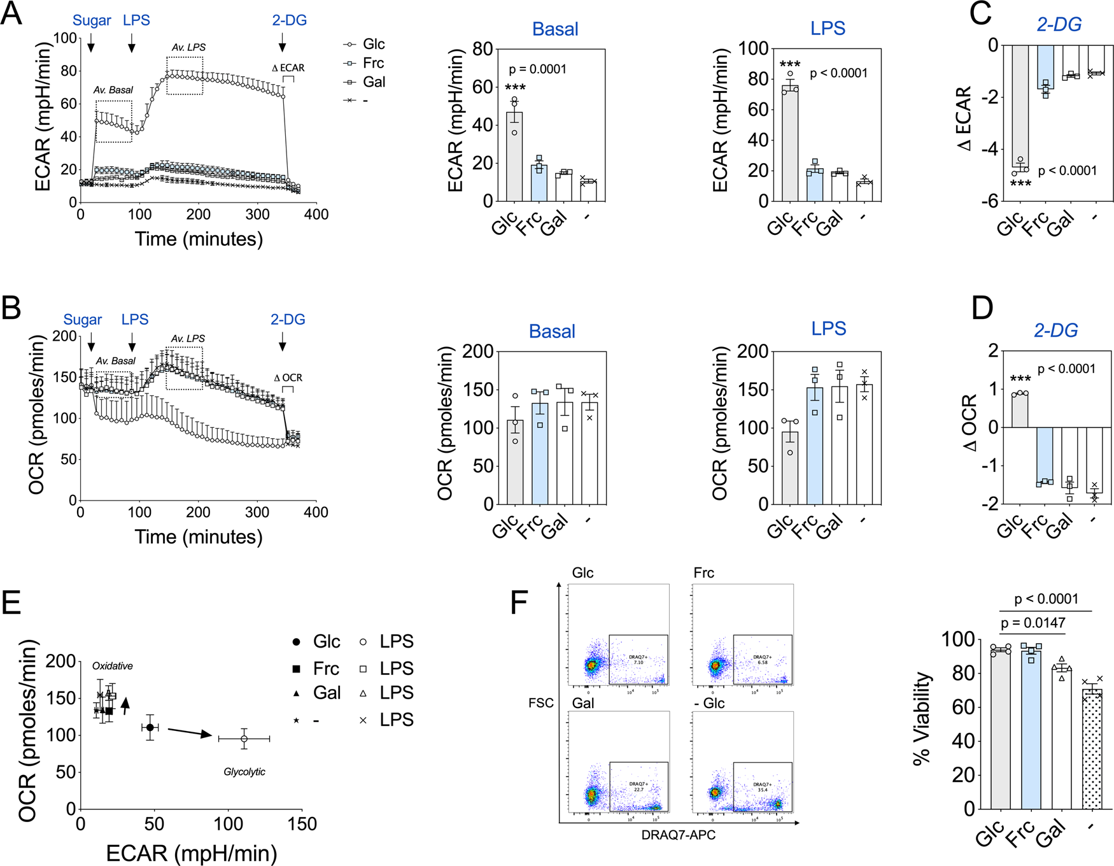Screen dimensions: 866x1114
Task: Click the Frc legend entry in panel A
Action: coord(373,63)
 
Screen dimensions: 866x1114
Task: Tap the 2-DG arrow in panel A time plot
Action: coord(282,43)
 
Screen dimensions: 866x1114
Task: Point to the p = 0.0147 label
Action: coord(1033,623)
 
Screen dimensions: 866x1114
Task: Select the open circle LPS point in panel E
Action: coord(244,739)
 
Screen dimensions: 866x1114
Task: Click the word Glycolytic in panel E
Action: coord(244,772)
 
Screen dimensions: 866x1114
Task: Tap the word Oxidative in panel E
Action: coord(113,666)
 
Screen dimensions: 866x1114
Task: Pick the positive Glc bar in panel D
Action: coord(1019,410)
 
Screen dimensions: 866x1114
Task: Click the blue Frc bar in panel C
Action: coord(1045,67)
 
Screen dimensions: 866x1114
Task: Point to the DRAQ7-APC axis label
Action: coord(678,835)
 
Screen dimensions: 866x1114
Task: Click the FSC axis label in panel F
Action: coord(540,703)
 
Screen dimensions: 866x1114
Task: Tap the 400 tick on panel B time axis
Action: coord(316,513)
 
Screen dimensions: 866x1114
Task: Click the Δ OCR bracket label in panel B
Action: coord(288,378)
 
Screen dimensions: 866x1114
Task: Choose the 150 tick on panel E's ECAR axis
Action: coord(302,825)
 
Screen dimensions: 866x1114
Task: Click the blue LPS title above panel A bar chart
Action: coord(828,28)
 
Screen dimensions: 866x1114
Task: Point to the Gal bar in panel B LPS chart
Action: coord(840,445)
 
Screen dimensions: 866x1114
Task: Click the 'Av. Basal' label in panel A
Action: coord(113,90)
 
